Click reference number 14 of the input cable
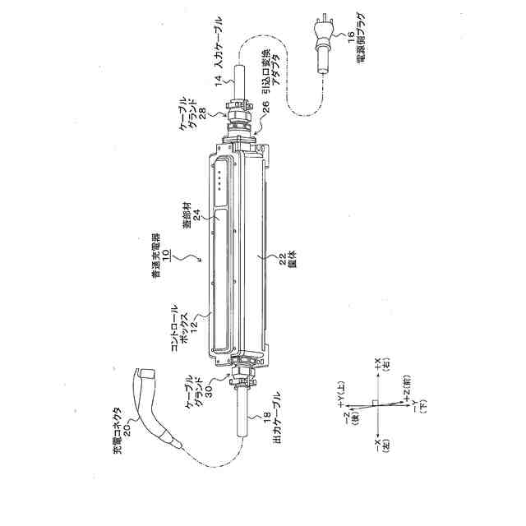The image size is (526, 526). (x=219, y=81)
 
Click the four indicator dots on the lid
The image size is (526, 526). (x=222, y=174)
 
